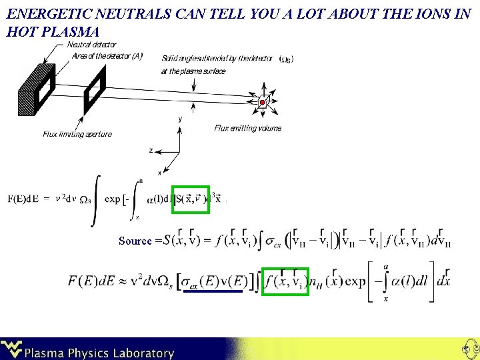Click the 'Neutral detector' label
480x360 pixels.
click(x=92, y=45)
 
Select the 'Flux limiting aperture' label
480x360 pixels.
click(x=77, y=134)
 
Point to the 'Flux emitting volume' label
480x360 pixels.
click(x=248, y=128)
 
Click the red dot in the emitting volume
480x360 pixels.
click(x=263, y=102)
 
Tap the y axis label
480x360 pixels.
click(x=180, y=119)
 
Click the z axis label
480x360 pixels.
click(x=151, y=151)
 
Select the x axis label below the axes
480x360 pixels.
click(x=159, y=173)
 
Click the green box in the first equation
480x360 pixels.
click(x=191, y=199)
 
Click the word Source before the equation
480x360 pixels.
click(x=135, y=241)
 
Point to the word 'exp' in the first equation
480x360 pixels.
click(x=112, y=199)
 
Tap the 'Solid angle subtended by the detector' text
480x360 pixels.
click(x=217, y=59)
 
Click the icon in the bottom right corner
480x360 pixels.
click(x=468, y=348)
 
